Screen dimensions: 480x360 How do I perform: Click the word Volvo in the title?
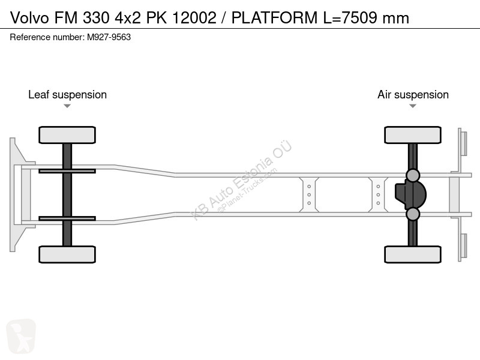(x=29, y=17)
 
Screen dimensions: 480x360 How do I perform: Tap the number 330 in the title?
(x=96, y=17)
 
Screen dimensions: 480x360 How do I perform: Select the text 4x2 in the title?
(x=128, y=17)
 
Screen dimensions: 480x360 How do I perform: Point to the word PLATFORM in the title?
(x=274, y=17)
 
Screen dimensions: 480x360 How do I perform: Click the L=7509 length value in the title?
(x=350, y=17)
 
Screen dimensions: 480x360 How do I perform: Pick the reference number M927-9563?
(x=109, y=37)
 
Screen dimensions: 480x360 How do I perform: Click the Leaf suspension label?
(x=67, y=95)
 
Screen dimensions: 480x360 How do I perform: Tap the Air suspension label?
(x=413, y=95)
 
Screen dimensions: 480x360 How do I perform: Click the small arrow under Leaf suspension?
(x=67, y=106)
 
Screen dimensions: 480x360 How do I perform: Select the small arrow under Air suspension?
(x=413, y=106)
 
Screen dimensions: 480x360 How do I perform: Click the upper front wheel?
(x=67, y=135)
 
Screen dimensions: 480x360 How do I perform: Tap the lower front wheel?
(x=67, y=254)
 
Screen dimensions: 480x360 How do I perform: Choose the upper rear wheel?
(x=413, y=135)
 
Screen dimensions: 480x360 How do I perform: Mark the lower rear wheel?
(x=413, y=254)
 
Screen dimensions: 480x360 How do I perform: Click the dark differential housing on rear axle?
(x=410, y=194)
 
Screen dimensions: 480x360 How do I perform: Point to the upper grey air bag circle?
(x=413, y=175)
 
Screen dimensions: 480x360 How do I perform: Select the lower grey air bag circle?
(x=413, y=214)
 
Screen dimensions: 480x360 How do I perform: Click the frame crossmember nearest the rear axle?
(x=378, y=194)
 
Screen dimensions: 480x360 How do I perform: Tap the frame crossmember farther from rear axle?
(x=309, y=194)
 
